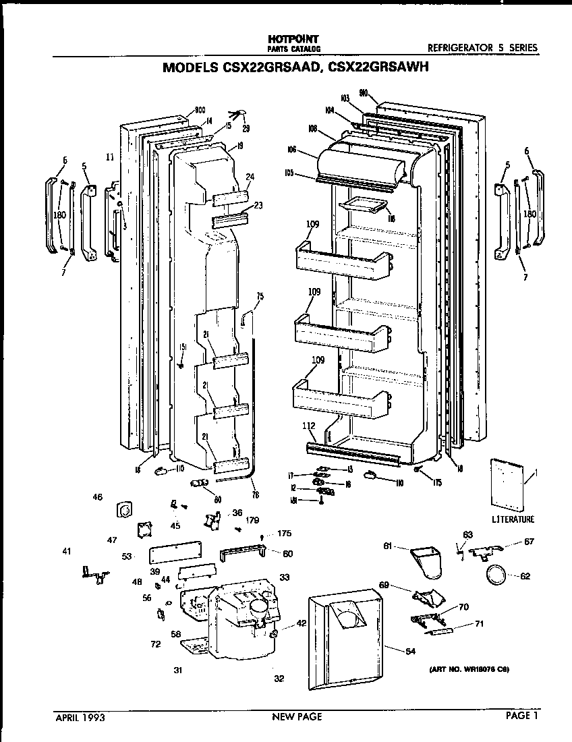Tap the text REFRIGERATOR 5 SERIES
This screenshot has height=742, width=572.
483,48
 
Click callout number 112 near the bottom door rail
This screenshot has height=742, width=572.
308,426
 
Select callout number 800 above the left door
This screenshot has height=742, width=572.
200,110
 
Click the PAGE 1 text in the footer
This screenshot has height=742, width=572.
523,716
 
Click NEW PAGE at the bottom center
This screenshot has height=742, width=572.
297,717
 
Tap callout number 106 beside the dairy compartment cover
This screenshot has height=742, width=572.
292,150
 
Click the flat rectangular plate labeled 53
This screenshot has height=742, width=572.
175,554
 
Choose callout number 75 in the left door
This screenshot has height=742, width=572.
260,295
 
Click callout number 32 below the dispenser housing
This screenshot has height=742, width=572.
279,679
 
